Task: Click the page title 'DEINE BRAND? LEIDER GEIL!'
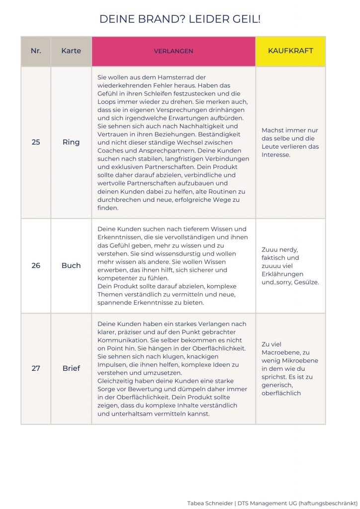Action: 180,19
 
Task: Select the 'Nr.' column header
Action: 36,51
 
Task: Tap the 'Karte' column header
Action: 71,51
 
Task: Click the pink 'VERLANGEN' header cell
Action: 174,51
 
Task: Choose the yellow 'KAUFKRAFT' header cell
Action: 290,51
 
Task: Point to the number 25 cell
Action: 36,142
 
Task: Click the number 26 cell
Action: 36,265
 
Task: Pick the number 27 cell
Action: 36,368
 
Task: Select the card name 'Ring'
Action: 71,142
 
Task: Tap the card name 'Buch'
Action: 71,265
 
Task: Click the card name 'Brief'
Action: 71,368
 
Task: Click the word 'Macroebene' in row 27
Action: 280,352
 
